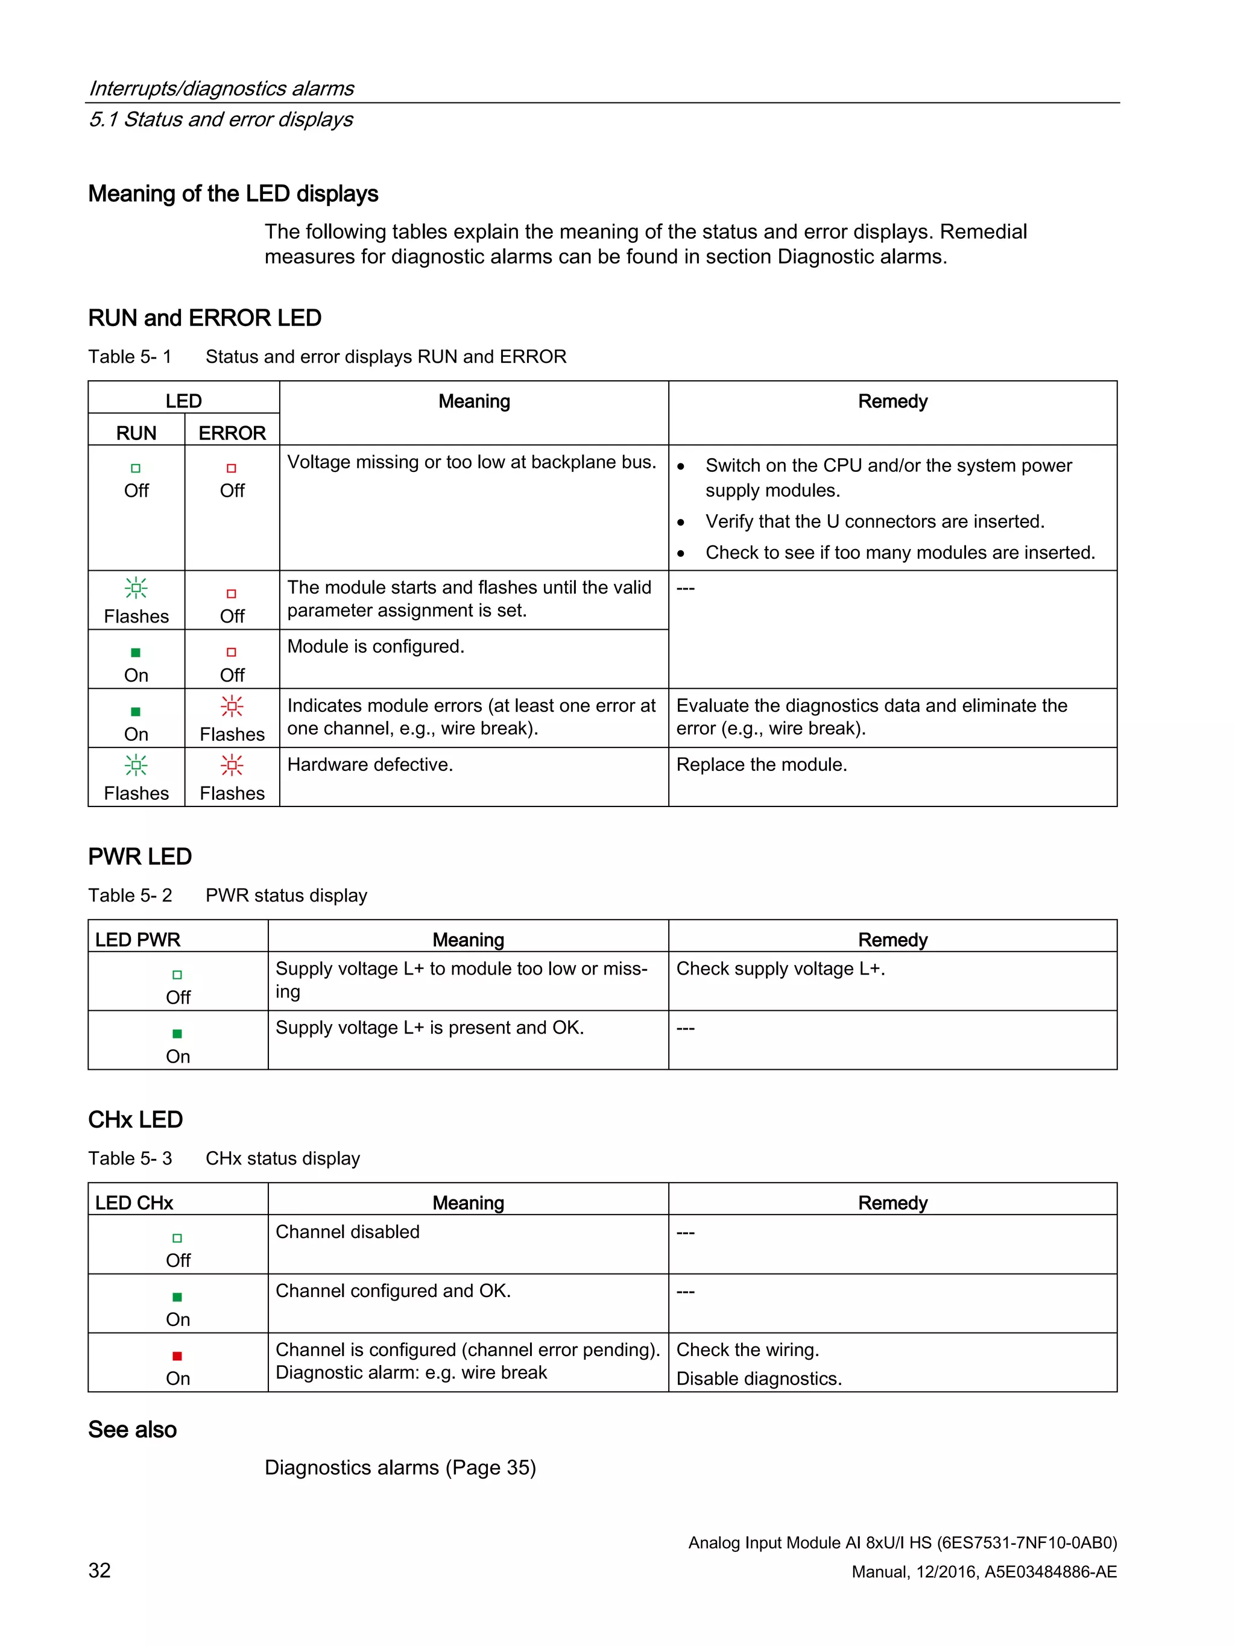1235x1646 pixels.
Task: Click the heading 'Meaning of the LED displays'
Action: pyautogui.click(x=233, y=193)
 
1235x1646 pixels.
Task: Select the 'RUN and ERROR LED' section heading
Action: pyautogui.click(x=204, y=318)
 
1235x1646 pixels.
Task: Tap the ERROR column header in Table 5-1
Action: pyautogui.click(x=232, y=433)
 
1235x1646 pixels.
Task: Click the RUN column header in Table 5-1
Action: pyautogui.click(x=136, y=433)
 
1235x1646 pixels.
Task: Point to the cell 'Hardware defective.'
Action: pyautogui.click(x=370, y=764)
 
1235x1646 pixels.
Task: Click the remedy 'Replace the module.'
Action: pyautogui.click(x=762, y=764)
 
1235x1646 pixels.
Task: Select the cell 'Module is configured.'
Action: pyautogui.click(x=376, y=646)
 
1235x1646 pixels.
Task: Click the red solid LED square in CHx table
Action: pyautogui.click(x=177, y=1355)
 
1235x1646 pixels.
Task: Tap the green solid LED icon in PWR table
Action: pyautogui.click(x=177, y=1034)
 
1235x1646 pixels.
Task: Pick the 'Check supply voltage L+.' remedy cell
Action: pyautogui.click(x=780, y=968)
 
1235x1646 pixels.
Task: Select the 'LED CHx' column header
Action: pyautogui.click(x=134, y=1202)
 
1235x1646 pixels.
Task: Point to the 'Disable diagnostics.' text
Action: pyautogui.click(x=759, y=1378)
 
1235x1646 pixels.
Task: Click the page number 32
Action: pyautogui.click(x=99, y=1570)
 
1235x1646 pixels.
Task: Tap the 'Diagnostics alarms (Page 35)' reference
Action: pyautogui.click(x=400, y=1468)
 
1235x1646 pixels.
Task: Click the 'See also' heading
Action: pyautogui.click(x=133, y=1430)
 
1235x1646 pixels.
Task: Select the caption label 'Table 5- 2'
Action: pyautogui.click(x=130, y=895)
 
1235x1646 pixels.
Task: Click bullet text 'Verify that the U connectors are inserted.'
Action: pyautogui.click(x=875, y=521)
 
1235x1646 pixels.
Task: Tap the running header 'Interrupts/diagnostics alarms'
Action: pyautogui.click(x=221, y=89)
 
